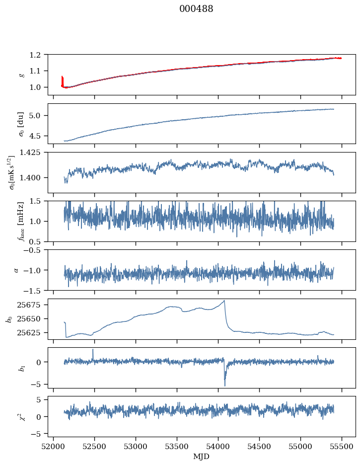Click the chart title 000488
(x=196, y=9)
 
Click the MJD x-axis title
(x=202, y=457)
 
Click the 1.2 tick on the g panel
(x=39, y=55)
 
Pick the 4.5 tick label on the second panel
(x=39, y=136)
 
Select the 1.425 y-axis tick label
(x=34, y=153)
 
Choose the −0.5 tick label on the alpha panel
(x=37, y=250)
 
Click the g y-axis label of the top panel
(x=21, y=75)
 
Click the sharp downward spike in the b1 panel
(x=224, y=385)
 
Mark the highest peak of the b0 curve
(x=224, y=301)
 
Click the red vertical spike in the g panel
(x=62, y=79)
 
